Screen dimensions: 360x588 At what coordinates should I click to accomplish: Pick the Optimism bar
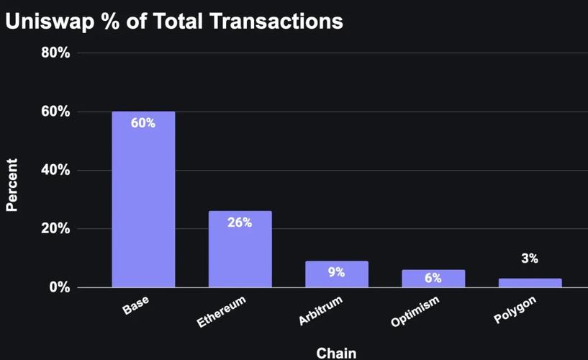[x=433, y=279]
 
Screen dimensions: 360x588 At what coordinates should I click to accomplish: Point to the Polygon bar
[x=530, y=283]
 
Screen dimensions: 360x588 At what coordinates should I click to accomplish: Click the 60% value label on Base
[x=143, y=122]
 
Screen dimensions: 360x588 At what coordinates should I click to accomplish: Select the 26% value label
[x=240, y=222]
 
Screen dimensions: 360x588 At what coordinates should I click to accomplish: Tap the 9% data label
[x=336, y=272]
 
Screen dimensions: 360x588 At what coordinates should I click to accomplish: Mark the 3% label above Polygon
[x=530, y=258]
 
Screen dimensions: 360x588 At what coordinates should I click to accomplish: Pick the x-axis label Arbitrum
[x=321, y=310]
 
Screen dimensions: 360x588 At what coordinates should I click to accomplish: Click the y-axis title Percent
[x=12, y=186]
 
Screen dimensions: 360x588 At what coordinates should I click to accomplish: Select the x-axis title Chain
[x=336, y=351]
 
